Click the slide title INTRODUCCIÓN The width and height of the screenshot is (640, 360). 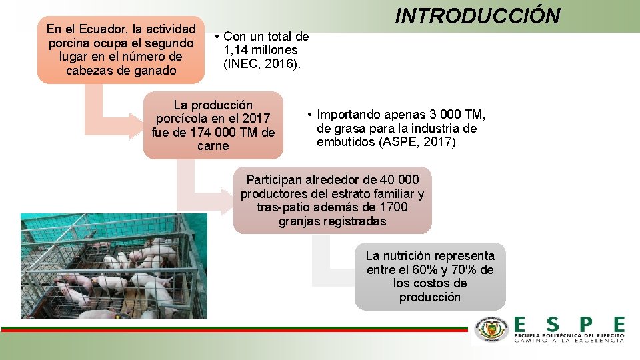pyautogui.click(x=477, y=15)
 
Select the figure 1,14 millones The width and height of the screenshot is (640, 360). pyautogui.click(x=261, y=50)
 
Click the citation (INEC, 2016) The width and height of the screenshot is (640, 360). pyautogui.click(x=262, y=64)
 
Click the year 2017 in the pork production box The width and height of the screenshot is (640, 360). pyautogui.click(x=255, y=119)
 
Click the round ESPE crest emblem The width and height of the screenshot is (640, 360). pyautogui.click(x=491, y=330)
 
